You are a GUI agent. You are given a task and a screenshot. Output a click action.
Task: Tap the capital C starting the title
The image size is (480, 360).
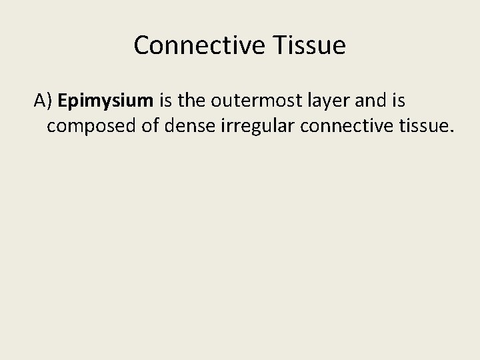141,45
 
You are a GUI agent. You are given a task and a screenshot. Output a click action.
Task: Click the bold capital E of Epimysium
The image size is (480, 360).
63,101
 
